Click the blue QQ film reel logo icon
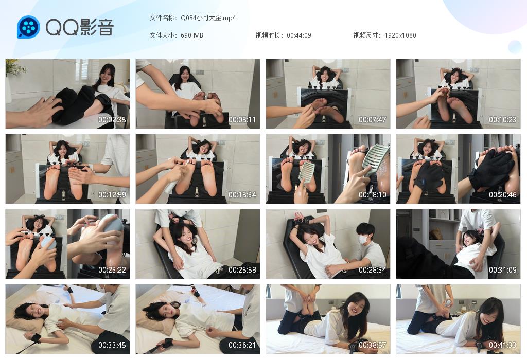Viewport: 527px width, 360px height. click(x=29, y=27)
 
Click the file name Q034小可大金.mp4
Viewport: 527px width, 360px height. click(x=208, y=18)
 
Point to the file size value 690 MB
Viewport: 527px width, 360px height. click(x=192, y=35)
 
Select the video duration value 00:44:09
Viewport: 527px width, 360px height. click(x=299, y=35)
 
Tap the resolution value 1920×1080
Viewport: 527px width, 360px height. click(x=400, y=35)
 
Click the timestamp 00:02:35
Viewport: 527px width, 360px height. click(x=112, y=119)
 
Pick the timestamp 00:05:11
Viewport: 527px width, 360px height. click(x=242, y=119)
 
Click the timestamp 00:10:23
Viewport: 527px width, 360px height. click(x=502, y=119)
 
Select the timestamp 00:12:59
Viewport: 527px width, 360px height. click(x=112, y=195)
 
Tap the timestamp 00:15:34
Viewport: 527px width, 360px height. click(x=242, y=195)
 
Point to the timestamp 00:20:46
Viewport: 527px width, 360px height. click(x=502, y=195)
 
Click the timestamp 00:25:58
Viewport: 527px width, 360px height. click(x=242, y=270)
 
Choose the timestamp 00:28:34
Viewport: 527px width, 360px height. click(x=373, y=270)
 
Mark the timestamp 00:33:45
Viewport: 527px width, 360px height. click(x=112, y=345)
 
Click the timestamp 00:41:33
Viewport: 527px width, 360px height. click(x=502, y=345)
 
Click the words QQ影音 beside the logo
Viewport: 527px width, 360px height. click(x=80, y=27)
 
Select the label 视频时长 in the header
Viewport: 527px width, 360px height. click(x=268, y=35)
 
